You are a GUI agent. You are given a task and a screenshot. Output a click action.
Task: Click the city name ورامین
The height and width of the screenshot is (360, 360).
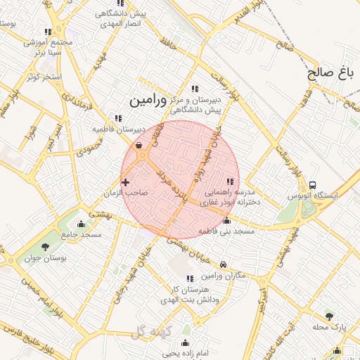tap(148, 101)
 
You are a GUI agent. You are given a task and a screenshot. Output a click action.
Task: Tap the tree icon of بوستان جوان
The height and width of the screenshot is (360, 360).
tap(46, 247)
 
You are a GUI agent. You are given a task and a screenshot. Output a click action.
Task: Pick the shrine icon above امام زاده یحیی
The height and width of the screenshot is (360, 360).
tap(186, 342)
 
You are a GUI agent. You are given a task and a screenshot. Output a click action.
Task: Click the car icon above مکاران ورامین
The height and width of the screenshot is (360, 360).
tap(223, 265)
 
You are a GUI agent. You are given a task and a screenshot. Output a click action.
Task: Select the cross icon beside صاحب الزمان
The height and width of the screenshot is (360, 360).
tap(126, 183)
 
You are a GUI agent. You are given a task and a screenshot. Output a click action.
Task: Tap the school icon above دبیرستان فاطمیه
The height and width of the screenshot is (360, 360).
tap(117, 118)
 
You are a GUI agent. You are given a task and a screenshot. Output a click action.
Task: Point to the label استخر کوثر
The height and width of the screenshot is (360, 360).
tap(44, 76)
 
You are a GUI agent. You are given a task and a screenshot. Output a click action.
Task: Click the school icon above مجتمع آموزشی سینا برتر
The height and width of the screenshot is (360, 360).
tap(48, 32)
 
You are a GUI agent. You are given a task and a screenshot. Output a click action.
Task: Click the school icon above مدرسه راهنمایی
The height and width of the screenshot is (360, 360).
tap(230, 181)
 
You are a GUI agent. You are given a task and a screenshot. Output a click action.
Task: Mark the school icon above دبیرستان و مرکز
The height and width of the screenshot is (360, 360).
tap(195, 89)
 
